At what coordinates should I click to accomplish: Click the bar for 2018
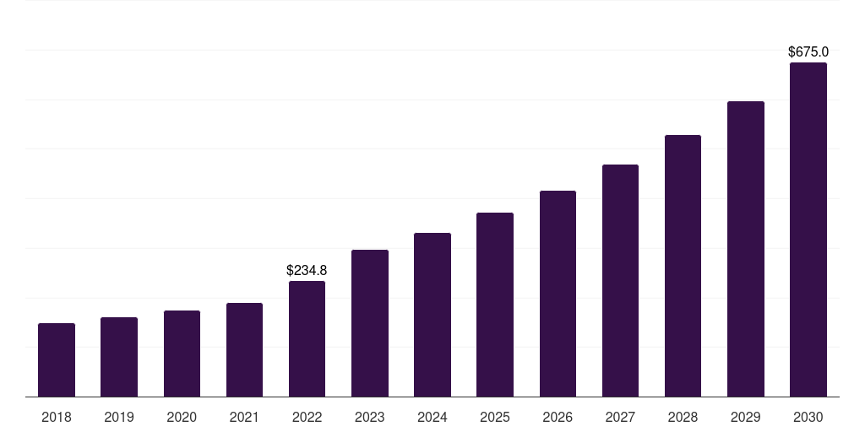pos(57,359)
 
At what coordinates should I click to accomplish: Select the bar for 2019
pos(119,357)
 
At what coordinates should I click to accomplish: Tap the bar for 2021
pos(244,349)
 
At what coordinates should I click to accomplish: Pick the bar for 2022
pos(307,338)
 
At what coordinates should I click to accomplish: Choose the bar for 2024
pos(432,315)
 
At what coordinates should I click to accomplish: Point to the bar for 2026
pos(558,294)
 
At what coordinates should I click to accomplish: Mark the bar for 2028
pos(683,266)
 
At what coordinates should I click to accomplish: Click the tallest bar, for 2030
pos(808,229)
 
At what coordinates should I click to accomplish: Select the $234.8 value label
pos(307,271)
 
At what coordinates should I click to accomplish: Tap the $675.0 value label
pos(808,52)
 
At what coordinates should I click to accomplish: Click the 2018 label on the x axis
pos(57,417)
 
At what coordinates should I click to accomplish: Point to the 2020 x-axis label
pos(182,417)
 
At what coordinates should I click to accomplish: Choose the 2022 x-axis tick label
pos(307,417)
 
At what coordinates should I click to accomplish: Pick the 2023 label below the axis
pos(370,417)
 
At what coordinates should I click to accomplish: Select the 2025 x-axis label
pos(495,417)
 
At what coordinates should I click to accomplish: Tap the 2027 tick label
pos(620,417)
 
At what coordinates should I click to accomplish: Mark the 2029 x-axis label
pos(746,417)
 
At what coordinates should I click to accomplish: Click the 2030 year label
pos(808,417)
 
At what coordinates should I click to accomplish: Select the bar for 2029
pos(746,249)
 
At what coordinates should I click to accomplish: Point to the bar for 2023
pos(370,323)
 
